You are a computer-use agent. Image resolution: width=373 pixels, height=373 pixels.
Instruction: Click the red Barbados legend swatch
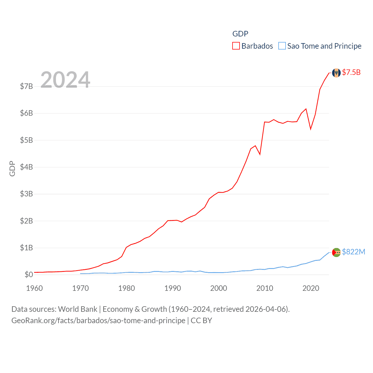[x=236, y=46]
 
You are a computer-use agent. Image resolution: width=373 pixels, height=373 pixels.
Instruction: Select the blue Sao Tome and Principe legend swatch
[x=282, y=46]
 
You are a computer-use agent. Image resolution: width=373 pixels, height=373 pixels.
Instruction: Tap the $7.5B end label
[x=351, y=72]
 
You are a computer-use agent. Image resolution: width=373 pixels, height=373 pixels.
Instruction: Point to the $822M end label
[x=353, y=252]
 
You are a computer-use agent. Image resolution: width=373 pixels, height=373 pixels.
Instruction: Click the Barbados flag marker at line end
[x=336, y=73]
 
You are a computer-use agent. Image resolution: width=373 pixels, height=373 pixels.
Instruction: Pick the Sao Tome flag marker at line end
[x=336, y=252]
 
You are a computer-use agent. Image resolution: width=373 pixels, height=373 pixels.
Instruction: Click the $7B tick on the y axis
[x=26, y=86]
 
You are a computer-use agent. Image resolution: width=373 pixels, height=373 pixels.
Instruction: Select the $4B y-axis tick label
[x=26, y=167]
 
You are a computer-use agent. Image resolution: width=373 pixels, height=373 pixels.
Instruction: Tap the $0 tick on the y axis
[x=29, y=275]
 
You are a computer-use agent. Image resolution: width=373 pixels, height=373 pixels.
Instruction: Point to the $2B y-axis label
[x=26, y=221]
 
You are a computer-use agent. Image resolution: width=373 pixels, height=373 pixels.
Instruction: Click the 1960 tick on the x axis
[x=34, y=288]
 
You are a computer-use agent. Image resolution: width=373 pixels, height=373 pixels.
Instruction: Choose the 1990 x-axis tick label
[x=173, y=288]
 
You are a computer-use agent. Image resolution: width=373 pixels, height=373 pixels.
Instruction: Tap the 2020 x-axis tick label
[x=311, y=288]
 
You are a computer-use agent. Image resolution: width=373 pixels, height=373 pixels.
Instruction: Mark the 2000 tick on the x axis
[x=219, y=288]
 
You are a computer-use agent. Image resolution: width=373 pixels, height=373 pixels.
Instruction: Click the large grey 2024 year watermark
[x=65, y=80]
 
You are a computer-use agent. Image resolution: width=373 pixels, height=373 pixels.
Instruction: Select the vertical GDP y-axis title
[x=12, y=168]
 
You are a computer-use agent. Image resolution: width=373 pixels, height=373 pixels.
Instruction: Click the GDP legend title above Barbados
[x=240, y=34]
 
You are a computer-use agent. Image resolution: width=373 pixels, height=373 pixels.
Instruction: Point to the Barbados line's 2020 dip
[x=311, y=129]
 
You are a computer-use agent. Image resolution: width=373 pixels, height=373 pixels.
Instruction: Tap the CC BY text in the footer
[x=201, y=321]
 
